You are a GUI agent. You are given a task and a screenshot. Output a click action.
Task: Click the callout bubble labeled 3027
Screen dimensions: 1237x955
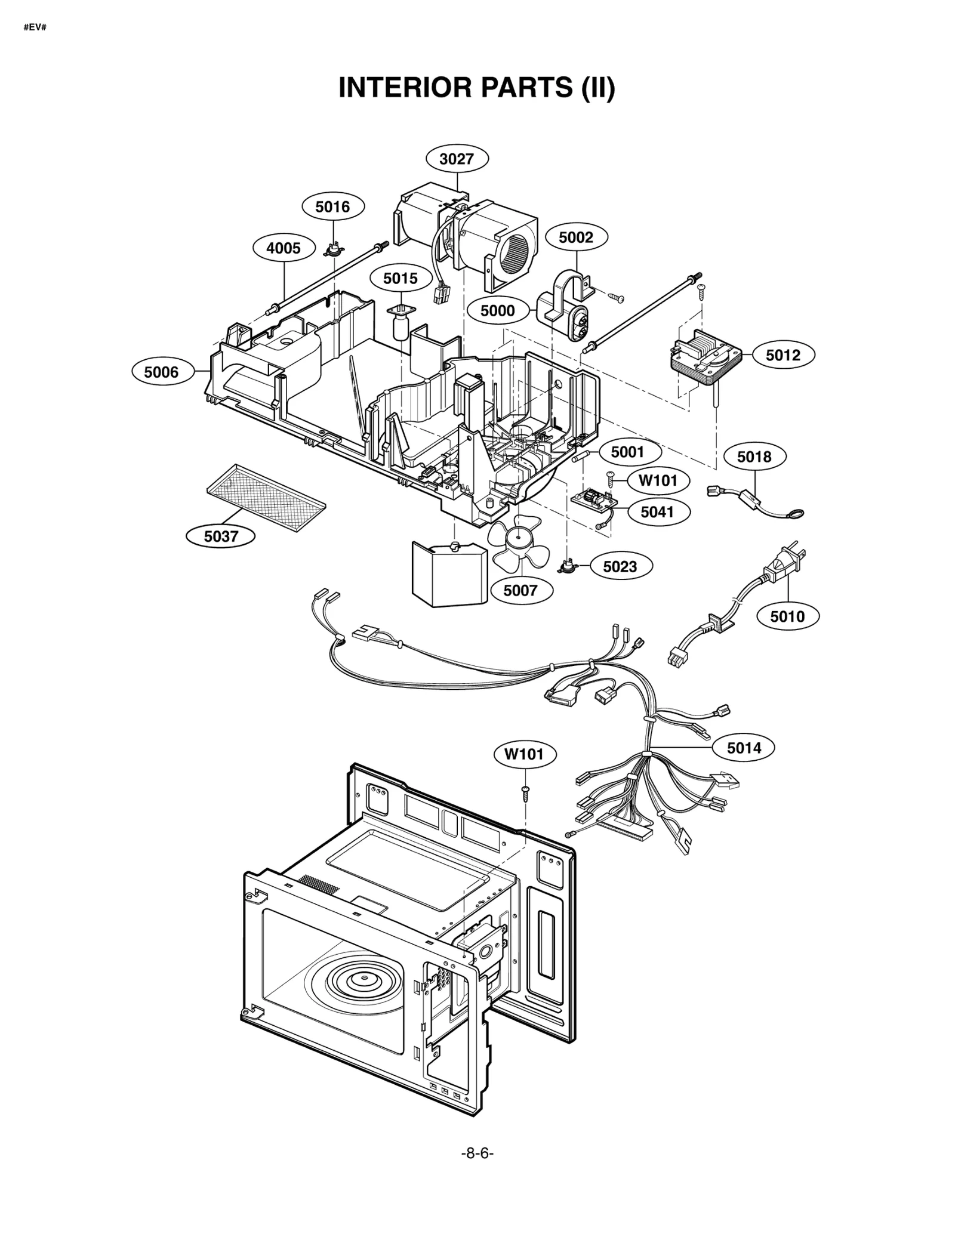point(457,159)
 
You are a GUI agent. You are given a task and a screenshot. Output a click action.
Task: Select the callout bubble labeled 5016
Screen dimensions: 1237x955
point(332,206)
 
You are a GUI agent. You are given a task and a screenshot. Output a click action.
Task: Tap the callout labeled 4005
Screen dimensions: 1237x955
point(284,248)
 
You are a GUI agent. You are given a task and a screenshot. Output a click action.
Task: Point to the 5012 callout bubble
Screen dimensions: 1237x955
point(783,355)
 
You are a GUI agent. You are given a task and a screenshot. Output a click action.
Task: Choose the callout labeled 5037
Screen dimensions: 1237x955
point(221,536)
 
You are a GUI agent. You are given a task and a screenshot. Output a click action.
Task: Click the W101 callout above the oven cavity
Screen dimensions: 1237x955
point(525,754)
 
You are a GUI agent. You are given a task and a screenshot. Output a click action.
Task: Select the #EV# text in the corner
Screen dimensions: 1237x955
point(35,27)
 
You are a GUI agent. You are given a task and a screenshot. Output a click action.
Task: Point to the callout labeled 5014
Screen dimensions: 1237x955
point(744,747)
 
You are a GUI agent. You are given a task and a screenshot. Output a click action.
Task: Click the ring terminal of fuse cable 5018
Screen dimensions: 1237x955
point(797,513)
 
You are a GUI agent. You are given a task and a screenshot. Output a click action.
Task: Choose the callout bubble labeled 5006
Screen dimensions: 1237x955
point(162,372)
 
